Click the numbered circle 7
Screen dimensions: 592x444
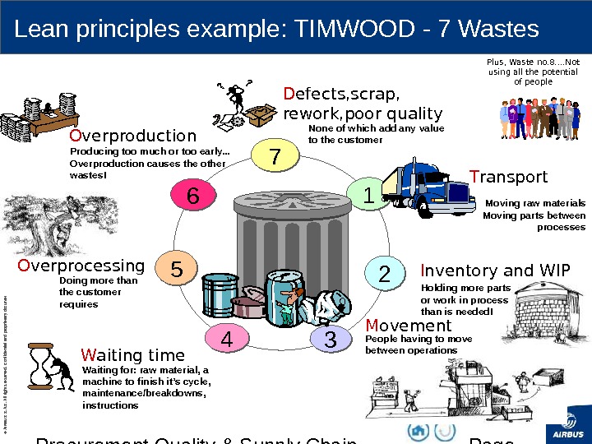coord(275,156)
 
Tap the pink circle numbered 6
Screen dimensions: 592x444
coord(192,196)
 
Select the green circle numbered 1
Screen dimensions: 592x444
coord(368,196)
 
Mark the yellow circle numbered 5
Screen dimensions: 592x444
coord(176,269)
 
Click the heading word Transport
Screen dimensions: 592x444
coord(508,177)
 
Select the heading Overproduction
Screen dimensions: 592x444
coord(132,136)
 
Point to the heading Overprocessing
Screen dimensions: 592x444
coord(81,266)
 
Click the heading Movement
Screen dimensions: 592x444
coord(409,326)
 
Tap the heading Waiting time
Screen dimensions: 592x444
coord(133,355)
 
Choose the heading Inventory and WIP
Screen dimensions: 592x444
coord(493,271)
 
